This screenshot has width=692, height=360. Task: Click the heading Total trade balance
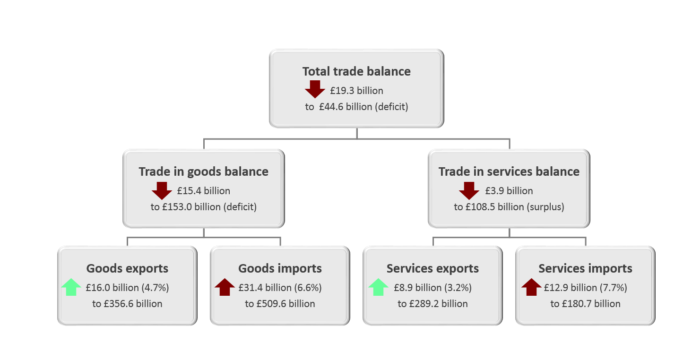(x=356, y=72)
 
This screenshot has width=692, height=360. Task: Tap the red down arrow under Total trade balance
(x=315, y=89)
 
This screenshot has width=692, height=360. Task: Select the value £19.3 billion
(x=356, y=91)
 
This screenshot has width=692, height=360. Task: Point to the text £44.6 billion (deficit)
(x=363, y=107)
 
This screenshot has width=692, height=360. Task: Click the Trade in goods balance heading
(x=204, y=171)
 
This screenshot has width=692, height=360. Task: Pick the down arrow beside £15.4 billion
(x=162, y=190)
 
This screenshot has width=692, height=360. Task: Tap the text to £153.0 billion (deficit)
(x=204, y=207)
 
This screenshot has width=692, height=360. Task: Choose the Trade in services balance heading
(x=509, y=171)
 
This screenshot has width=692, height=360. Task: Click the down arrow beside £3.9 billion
(x=469, y=190)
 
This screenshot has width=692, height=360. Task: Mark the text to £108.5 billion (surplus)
(x=509, y=207)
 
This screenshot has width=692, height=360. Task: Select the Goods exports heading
(x=127, y=268)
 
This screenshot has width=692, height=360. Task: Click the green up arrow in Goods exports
(x=71, y=287)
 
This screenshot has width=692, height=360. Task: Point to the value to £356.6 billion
(x=127, y=304)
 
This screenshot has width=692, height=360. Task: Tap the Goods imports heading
(x=280, y=268)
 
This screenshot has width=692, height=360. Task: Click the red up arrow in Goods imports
(x=225, y=287)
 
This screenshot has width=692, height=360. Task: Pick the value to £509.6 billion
(x=280, y=304)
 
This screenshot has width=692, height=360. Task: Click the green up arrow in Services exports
(x=378, y=287)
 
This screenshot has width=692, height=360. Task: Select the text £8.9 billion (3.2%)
(x=432, y=288)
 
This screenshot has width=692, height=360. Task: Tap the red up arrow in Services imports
(x=531, y=287)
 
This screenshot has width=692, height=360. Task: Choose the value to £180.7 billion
(x=585, y=304)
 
